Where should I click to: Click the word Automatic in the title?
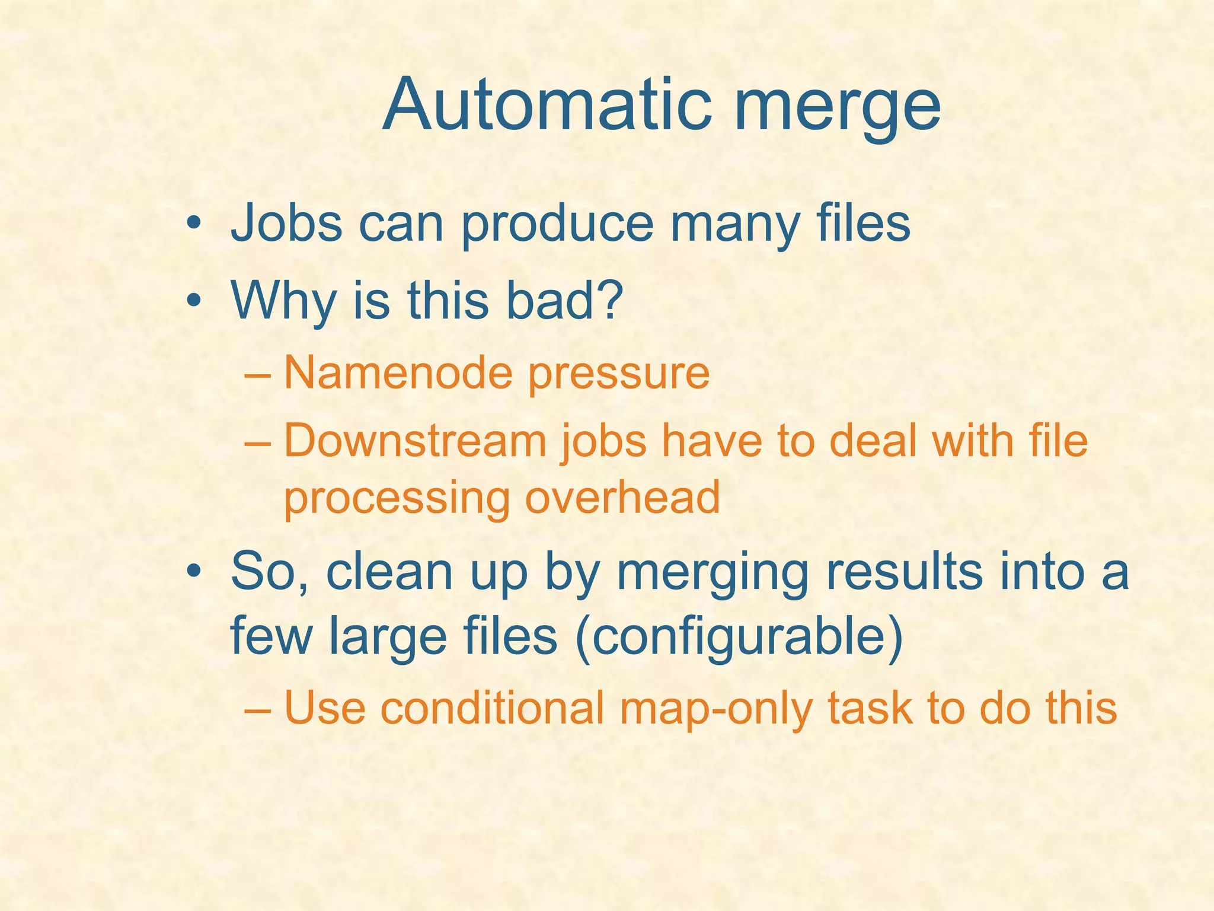(x=546, y=106)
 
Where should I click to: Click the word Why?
(x=283, y=301)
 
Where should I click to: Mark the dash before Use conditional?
(x=257, y=709)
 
